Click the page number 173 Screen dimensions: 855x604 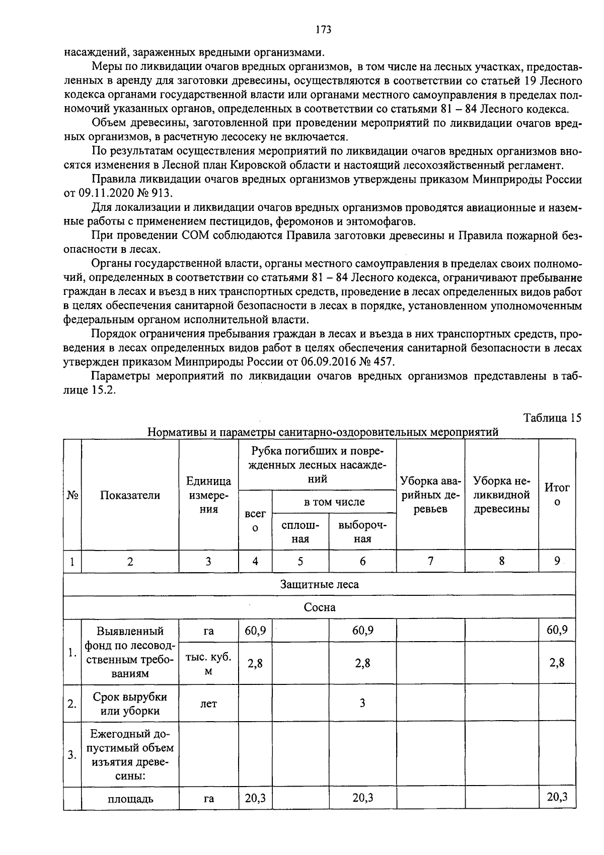tap(323, 30)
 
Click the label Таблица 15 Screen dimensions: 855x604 tap(552, 418)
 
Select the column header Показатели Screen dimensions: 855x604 tap(130, 495)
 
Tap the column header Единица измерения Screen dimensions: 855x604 tap(208, 495)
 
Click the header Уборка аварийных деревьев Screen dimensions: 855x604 tap(430, 495)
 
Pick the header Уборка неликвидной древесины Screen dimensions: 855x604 tap(501, 495)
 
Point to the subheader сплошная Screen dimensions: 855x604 tap(300, 531)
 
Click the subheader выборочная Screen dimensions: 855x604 tap(362, 531)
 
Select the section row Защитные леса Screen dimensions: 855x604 tap(319, 584)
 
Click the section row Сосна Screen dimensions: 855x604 tap(319, 607)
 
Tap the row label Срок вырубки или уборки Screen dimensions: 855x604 tap(130, 704)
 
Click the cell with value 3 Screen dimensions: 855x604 tap(362, 703)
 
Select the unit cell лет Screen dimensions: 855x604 tap(208, 704)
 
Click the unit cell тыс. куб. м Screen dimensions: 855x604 tap(208, 664)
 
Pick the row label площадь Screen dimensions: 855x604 tap(130, 799)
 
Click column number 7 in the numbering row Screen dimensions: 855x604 tap(430, 561)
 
